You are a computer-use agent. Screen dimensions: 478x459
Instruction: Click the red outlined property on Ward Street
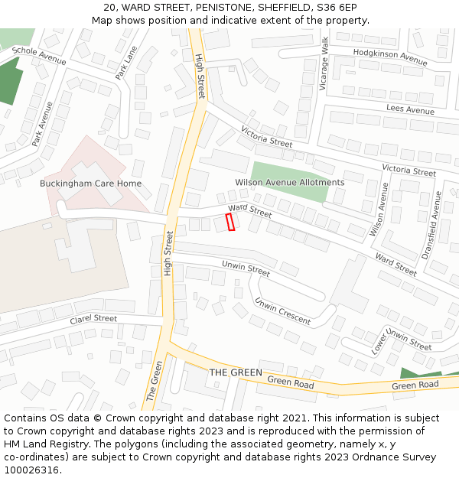point(230,222)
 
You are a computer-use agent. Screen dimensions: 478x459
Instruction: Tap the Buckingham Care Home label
point(90,184)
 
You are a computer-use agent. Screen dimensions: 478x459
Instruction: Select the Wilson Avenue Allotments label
point(290,183)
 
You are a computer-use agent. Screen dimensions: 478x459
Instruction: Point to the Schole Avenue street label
point(39,55)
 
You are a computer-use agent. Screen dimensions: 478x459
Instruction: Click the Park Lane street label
point(126,63)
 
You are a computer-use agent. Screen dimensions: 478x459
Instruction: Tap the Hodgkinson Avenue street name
point(390,57)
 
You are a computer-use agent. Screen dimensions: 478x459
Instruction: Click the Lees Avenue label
point(410,110)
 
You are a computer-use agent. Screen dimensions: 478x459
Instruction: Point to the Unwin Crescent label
point(283,311)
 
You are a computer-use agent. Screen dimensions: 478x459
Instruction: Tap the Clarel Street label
point(93,319)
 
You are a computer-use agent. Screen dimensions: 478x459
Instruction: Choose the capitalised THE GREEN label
point(236,372)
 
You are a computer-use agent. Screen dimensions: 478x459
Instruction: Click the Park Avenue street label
point(43,124)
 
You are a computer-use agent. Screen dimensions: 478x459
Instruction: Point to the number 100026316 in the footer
point(31,470)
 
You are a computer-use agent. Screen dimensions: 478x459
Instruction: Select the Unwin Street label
point(246,269)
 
